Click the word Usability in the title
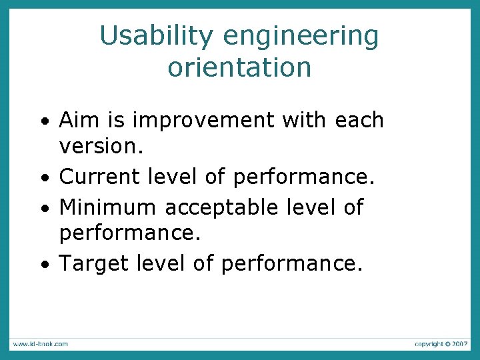pos(157,36)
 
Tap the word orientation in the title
pos(239,67)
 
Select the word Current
pos(99,177)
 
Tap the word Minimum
pos(108,207)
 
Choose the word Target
pos(94,263)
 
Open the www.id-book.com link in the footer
pos(39,344)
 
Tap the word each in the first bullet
pos(360,120)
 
